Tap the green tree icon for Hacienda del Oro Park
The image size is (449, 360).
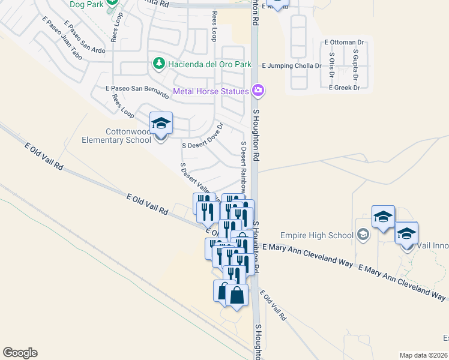pos(158,64)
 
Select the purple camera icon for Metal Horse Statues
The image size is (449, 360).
pos(258,91)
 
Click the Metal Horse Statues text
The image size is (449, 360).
pos(211,92)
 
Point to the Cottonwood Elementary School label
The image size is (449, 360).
pos(116,136)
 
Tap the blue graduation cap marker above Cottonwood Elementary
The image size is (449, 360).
pos(161,123)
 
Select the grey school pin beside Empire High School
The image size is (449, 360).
pos(363,235)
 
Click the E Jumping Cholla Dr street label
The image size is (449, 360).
pos(292,65)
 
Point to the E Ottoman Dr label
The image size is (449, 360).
pos(345,43)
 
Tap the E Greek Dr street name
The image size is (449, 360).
pos(344,88)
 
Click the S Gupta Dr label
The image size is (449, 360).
pos(355,65)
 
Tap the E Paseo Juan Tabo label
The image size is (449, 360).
pos(61,38)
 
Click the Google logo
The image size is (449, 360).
pos(20,352)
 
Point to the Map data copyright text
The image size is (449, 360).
pos(424,355)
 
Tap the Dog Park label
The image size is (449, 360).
pos(84,4)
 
